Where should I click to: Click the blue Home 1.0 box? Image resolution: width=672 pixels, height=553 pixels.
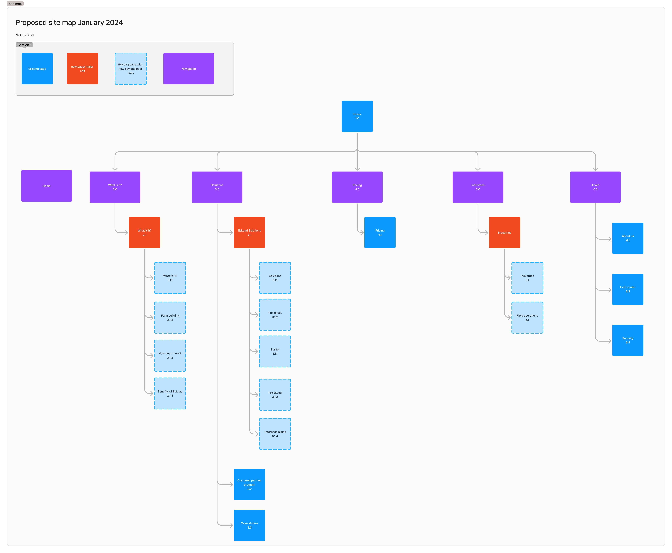[357, 116]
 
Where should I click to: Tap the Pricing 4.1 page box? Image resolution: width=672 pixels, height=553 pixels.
[380, 233]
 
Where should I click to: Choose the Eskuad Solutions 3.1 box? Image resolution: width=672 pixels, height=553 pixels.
[249, 233]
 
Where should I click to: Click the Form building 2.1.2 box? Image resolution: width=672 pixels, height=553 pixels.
[170, 318]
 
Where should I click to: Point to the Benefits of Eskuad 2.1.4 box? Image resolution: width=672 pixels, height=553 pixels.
[170, 393]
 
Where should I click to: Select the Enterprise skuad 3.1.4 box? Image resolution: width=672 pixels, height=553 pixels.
[275, 434]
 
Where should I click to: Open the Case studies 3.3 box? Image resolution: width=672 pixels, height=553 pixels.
[249, 525]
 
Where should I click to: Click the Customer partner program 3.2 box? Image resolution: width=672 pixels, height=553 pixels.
[249, 485]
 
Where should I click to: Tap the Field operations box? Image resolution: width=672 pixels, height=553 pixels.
[527, 318]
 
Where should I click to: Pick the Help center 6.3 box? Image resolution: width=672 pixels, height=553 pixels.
[627, 289]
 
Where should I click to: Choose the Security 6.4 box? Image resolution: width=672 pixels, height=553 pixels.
[627, 340]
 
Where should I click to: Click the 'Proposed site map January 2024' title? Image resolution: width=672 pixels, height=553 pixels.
[69, 23]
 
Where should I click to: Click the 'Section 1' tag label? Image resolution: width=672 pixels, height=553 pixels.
[24, 45]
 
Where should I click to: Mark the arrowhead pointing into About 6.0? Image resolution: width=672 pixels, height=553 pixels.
[595, 169]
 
